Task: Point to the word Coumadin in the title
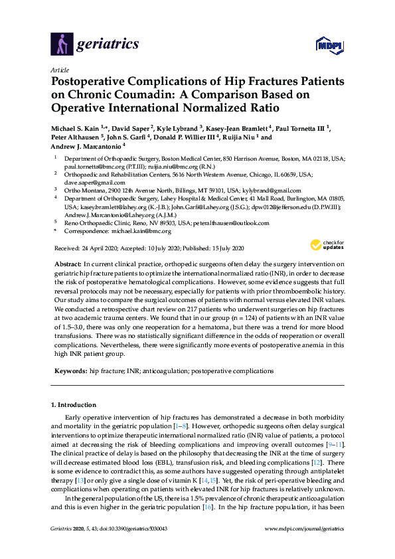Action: click(125, 95)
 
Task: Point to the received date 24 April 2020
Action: click(100, 248)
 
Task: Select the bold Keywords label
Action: click(70, 370)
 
